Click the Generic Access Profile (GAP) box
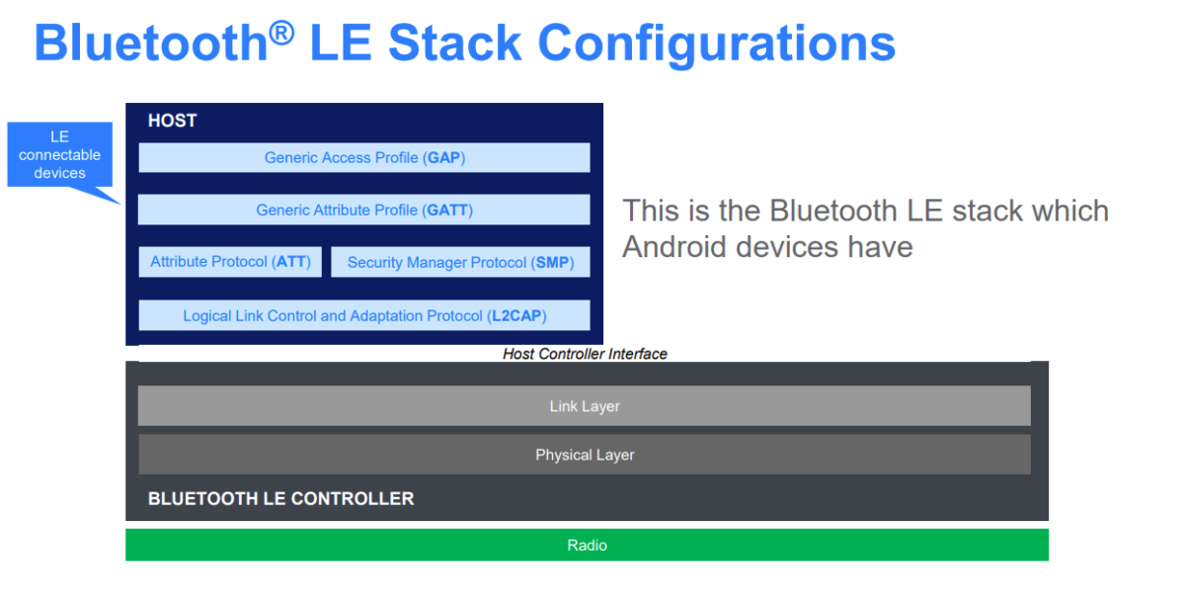tap(363, 158)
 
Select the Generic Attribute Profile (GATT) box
tap(363, 210)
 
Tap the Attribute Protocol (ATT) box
tap(230, 262)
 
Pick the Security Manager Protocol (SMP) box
tap(460, 263)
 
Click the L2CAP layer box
tap(363, 316)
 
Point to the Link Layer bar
tap(584, 406)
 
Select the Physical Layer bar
tap(584, 455)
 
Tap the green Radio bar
tap(587, 545)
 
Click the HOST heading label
tap(172, 121)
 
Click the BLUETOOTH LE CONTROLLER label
tap(280, 499)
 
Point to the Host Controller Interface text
tap(585, 354)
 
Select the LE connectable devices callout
tap(60, 155)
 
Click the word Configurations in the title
tap(716, 43)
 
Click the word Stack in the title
tap(454, 43)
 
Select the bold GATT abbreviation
tap(448, 210)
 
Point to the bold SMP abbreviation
tap(553, 263)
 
